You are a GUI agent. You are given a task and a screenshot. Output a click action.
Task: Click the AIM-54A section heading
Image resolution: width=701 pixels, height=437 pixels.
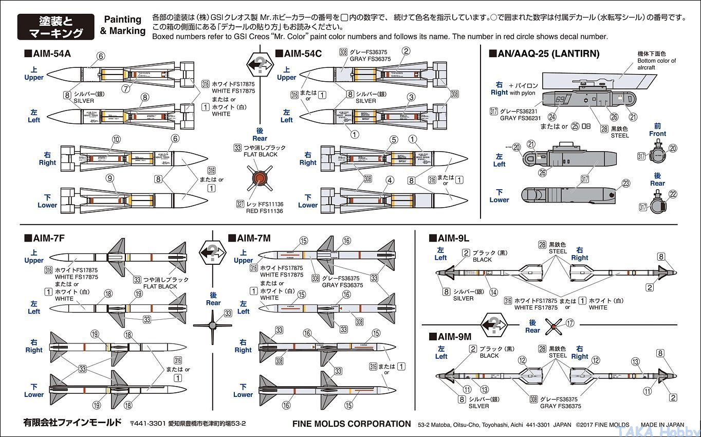pos(48,53)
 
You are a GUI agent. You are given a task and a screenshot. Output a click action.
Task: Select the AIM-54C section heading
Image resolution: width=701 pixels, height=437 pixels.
pos(299,53)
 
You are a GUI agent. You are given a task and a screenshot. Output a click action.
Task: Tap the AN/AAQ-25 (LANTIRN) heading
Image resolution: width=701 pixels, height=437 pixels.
pos(544,53)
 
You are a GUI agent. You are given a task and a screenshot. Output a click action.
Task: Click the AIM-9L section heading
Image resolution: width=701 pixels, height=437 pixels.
pos(449,238)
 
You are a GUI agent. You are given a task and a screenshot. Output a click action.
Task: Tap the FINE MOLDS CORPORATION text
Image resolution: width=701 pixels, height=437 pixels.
pos(352,424)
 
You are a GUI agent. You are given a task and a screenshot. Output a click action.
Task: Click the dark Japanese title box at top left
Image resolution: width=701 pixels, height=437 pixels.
pos(56,27)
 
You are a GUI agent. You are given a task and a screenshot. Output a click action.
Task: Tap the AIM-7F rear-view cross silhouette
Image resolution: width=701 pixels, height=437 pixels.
pos(213,325)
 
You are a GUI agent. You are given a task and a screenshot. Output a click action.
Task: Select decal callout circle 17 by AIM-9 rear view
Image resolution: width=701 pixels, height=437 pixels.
pos(569,323)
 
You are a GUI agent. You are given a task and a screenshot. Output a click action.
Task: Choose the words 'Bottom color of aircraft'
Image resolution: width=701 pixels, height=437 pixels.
pos(656,64)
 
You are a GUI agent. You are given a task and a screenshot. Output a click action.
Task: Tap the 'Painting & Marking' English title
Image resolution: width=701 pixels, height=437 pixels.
pos(123,25)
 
